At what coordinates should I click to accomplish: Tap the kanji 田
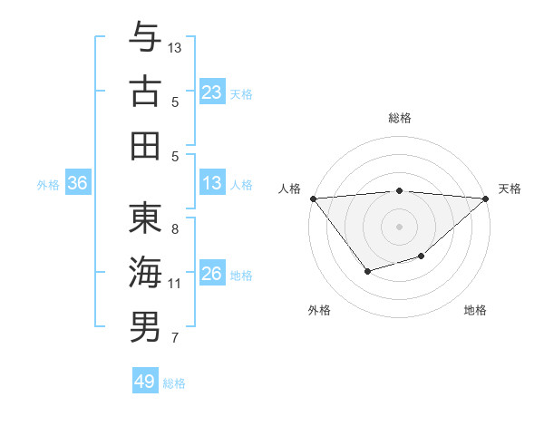(145, 145)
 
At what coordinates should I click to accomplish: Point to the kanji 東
(145, 218)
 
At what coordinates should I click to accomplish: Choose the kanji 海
(145, 272)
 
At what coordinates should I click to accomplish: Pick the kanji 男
(145, 326)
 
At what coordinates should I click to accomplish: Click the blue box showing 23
(211, 92)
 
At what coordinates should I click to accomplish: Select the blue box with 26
(211, 274)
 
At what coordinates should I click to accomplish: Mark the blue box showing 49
(145, 382)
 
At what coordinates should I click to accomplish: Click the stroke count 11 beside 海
(175, 284)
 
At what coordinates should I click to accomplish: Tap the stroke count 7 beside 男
(175, 339)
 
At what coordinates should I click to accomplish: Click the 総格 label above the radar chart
(400, 118)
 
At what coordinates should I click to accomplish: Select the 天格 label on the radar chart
(510, 189)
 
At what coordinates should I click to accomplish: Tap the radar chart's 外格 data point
(367, 271)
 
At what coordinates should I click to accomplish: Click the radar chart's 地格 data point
(422, 257)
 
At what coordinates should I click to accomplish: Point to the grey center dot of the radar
(400, 226)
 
